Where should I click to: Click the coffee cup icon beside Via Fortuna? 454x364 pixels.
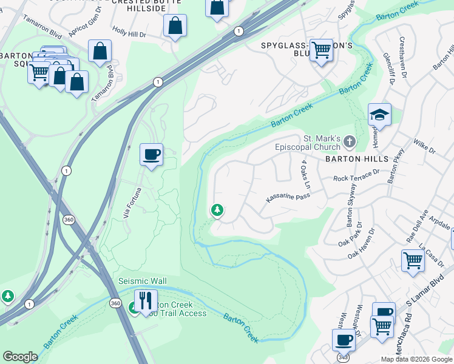[151, 153]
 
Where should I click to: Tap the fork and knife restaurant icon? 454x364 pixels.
[146, 300]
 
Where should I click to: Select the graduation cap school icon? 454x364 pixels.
[379, 115]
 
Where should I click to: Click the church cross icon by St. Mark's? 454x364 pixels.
[349, 142]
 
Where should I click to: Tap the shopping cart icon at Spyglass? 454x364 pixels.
[321, 50]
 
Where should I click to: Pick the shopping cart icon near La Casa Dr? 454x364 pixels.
[413, 260]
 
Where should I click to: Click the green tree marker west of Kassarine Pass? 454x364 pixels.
[217, 211]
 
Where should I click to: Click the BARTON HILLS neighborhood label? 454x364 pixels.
[356, 158]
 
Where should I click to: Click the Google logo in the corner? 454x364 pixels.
[20, 357]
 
